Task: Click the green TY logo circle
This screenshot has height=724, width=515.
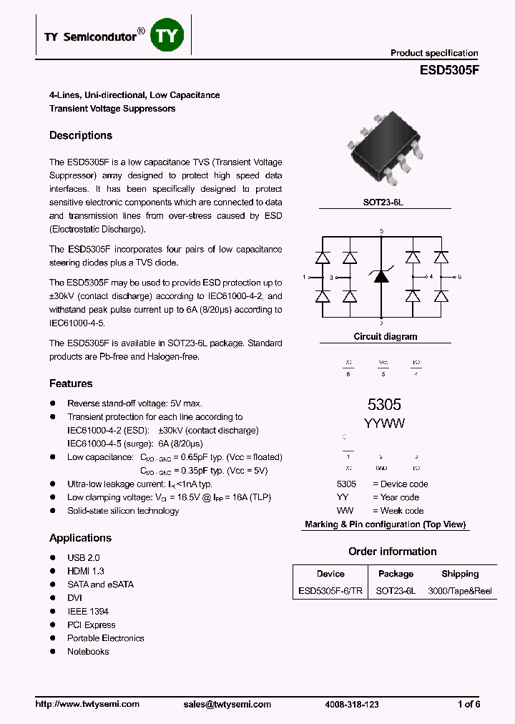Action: pyautogui.click(x=168, y=36)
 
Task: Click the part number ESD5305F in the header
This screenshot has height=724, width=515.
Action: pyautogui.click(x=448, y=72)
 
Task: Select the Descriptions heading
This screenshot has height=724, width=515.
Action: pyautogui.click(x=81, y=135)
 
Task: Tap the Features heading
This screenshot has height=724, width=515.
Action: pyautogui.click(x=71, y=383)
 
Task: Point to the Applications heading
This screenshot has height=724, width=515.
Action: pyautogui.click(x=80, y=538)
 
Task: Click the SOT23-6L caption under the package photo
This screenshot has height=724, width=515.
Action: pyautogui.click(x=383, y=202)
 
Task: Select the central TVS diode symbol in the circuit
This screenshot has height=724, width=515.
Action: pyautogui.click(x=382, y=276)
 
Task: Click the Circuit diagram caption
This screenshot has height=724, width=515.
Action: pyautogui.click(x=385, y=336)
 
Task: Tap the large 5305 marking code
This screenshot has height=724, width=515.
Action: pyautogui.click(x=383, y=405)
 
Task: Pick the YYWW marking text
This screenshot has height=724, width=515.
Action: pyautogui.click(x=384, y=424)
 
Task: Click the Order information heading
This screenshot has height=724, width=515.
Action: pyautogui.click(x=392, y=552)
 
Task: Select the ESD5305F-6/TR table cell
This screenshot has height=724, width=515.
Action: pyautogui.click(x=330, y=592)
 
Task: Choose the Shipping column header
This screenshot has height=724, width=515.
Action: pyautogui.click(x=460, y=574)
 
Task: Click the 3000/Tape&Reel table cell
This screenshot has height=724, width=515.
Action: pyautogui.click(x=460, y=592)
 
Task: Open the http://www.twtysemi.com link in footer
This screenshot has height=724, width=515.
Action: pyautogui.click(x=87, y=705)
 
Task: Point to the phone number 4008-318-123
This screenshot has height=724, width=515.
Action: pyautogui.click(x=352, y=705)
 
